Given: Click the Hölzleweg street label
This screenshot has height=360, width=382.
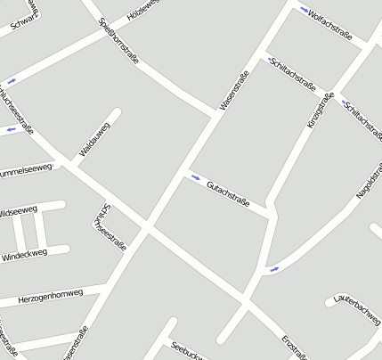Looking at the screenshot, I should (143, 11).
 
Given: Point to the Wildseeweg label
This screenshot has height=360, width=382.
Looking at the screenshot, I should (18, 212).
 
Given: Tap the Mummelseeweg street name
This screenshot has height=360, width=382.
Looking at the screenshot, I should (27, 169).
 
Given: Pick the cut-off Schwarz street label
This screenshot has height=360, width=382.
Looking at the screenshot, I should (25, 21).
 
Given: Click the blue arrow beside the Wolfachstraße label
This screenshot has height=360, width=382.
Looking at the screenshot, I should (305, 11).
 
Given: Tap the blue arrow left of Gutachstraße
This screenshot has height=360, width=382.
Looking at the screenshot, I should (194, 176).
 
